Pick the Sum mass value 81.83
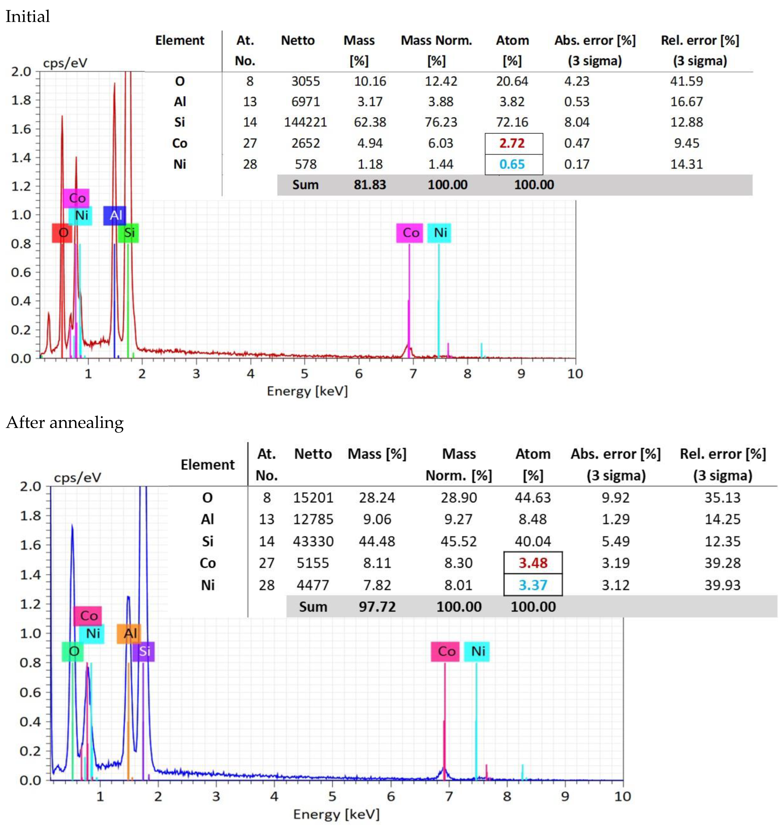370,185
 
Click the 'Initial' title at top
28,16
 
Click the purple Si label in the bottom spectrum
144,651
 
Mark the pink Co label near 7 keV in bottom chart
445,651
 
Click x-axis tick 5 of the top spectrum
305,374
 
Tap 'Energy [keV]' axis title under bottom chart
336,814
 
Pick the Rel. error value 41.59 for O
687,81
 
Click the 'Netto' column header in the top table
298,41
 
